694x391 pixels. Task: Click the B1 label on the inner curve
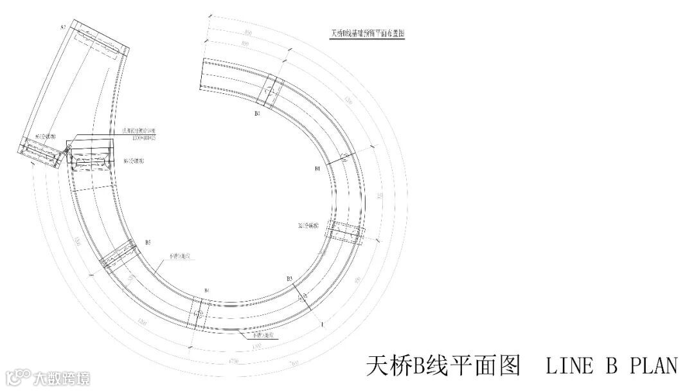pyautogui.click(x=317, y=168)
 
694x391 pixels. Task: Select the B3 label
pyautogui.click(x=290, y=278)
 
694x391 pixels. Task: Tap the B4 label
pyautogui.click(x=206, y=291)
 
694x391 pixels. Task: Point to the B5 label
pyautogui.click(x=148, y=242)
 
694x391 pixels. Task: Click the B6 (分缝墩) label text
pyautogui.click(x=134, y=161)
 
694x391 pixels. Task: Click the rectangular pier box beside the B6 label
pyautogui.click(x=89, y=158)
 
